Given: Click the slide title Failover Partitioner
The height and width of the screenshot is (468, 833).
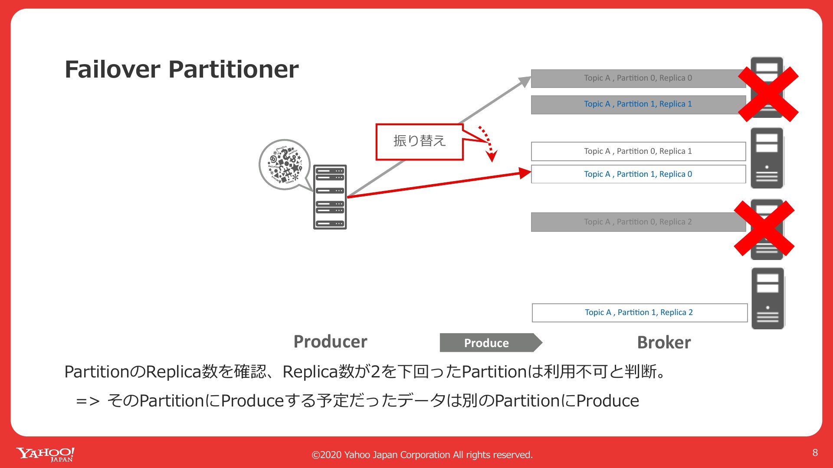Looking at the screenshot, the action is [x=181, y=69].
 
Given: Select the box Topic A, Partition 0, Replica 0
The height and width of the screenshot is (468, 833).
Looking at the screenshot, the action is [x=638, y=78].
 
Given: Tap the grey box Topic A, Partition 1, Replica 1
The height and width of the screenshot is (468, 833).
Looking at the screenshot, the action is [x=638, y=104].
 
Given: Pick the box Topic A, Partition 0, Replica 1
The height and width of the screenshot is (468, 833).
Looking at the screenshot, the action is [x=638, y=151].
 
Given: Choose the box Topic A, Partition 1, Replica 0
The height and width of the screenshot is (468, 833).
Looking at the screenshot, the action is [x=638, y=174].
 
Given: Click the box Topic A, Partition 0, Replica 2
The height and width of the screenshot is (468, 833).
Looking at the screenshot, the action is [x=638, y=222].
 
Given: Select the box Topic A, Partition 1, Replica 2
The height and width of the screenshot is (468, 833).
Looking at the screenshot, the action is [x=640, y=313].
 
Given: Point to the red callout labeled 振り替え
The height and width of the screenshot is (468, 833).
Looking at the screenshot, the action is [x=420, y=142].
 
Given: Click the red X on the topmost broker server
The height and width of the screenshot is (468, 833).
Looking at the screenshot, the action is [x=768, y=94].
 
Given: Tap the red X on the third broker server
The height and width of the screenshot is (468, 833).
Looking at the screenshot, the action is [x=764, y=228].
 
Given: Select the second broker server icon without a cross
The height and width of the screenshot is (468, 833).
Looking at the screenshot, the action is [x=767, y=158].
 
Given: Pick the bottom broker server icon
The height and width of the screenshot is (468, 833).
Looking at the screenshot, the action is [x=768, y=298].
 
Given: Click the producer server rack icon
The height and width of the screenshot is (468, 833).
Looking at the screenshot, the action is [x=330, y=197].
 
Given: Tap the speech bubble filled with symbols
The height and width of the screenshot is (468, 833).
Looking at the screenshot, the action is [x=285, y=165].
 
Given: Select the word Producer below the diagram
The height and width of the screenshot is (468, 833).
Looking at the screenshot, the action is [x=330, y=341].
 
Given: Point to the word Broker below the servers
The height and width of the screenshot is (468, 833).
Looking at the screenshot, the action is [x=664, y=342].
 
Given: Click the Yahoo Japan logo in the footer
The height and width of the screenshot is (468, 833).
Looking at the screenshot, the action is [x=45, y=455].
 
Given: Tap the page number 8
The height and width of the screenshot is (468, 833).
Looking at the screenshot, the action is [x=815, y=453].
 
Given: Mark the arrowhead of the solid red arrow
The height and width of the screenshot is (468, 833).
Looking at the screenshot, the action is [x=526, y=173].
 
